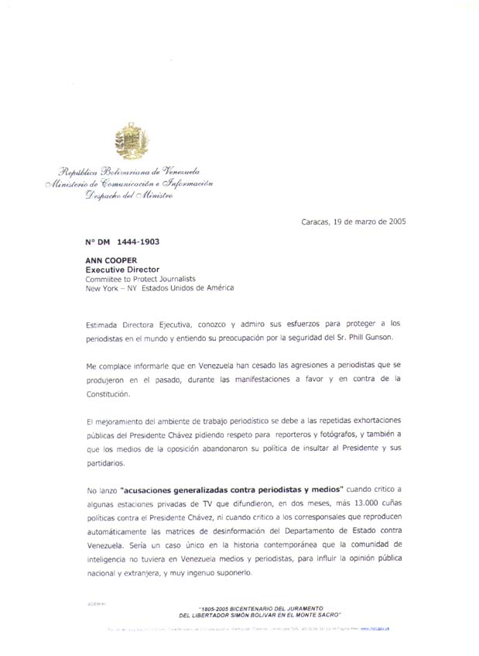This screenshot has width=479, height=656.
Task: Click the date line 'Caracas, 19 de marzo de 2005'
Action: click(x=353, y=222)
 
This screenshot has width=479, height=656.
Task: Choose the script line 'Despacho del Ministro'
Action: click(x=129, y=196)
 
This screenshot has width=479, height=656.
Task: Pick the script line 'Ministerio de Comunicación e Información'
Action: click(x=128, y=184)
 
